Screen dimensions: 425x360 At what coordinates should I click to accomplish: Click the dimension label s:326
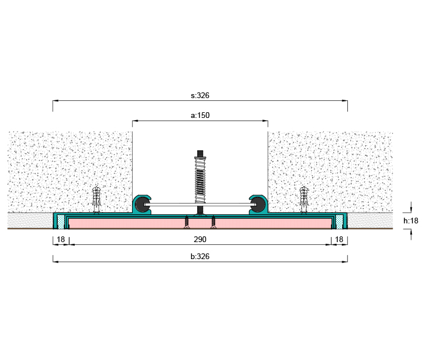pos(200,95)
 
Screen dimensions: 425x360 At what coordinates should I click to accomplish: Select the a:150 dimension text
pos(200,116)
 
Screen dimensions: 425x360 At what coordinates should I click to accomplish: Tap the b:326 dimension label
pos(200,256)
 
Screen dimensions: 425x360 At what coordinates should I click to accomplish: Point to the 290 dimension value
pos(200,239)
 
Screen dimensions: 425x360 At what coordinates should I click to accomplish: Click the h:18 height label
pos(411,221)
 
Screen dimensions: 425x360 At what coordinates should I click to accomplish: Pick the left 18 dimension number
pos(61,239)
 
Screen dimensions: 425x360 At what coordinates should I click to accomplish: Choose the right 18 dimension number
pos(339,239)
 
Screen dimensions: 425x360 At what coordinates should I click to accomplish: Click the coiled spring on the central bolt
pos(200,181)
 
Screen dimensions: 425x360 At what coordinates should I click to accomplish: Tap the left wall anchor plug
pos(96,200)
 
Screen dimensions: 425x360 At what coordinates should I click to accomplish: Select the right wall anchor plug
pos(304,200)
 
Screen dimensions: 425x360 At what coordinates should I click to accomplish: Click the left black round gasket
pos(142,205)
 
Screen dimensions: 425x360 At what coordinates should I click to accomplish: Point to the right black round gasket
pos(258,205)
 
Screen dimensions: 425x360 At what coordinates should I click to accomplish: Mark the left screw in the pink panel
pos(186,222)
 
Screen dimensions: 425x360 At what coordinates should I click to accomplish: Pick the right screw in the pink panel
pos(213,222)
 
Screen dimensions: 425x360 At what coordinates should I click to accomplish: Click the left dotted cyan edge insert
pos(61,222)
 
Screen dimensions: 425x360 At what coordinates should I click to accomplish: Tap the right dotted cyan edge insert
pos(339,222)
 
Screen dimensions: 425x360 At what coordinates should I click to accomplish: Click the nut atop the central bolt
pos(200,157)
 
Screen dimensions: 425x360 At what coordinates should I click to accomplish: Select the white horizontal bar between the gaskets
pos(200,205)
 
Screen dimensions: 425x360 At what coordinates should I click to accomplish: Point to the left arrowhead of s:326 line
pos(56,101)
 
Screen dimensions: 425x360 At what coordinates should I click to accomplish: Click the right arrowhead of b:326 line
pos(345,262)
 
